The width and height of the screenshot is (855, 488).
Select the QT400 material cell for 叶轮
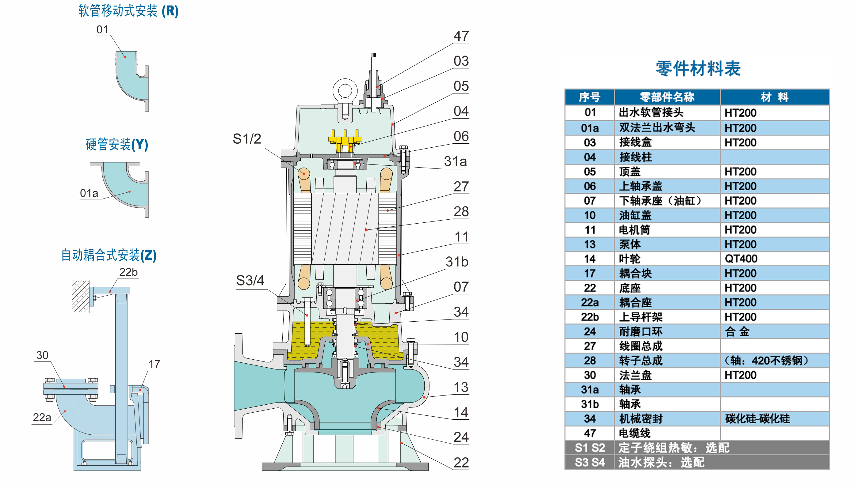[x=741, y=259]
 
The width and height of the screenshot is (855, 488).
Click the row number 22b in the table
[x=590, y=317]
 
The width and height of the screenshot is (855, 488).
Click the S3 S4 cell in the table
[x=590, y=462]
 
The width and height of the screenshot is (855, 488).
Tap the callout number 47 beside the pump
[x=461, y=36]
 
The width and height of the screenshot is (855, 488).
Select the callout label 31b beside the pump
[x=456, y=262]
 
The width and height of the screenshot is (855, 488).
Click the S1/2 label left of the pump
[x=247, y=139]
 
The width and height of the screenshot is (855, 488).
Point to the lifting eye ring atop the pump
[x=345, y=90]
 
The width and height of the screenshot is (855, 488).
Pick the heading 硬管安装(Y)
[x=117, y=145]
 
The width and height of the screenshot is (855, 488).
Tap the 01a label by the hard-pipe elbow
[x=89, y=193]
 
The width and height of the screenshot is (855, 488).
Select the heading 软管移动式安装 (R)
[x=128, y=11]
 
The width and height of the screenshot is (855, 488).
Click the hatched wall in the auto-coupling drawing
[x=80, y=296]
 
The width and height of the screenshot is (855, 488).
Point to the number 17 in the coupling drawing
[x=154, y=364]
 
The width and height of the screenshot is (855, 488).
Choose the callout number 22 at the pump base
[x=461, y=463]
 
